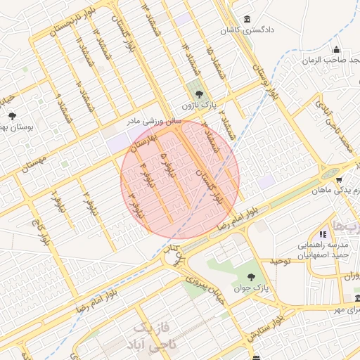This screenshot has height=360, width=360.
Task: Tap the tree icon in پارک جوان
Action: click(x=253, y=276)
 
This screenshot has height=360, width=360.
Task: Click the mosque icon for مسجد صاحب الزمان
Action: click(x=337, y=49)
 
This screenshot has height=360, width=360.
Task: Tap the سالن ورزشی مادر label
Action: click(x=154, y=122)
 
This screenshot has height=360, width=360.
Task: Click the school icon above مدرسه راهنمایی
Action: click(x=323, y=234)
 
